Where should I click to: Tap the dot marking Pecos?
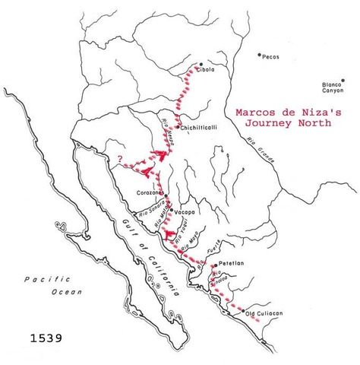coord(259,55)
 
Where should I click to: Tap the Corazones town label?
coord(149,193)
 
